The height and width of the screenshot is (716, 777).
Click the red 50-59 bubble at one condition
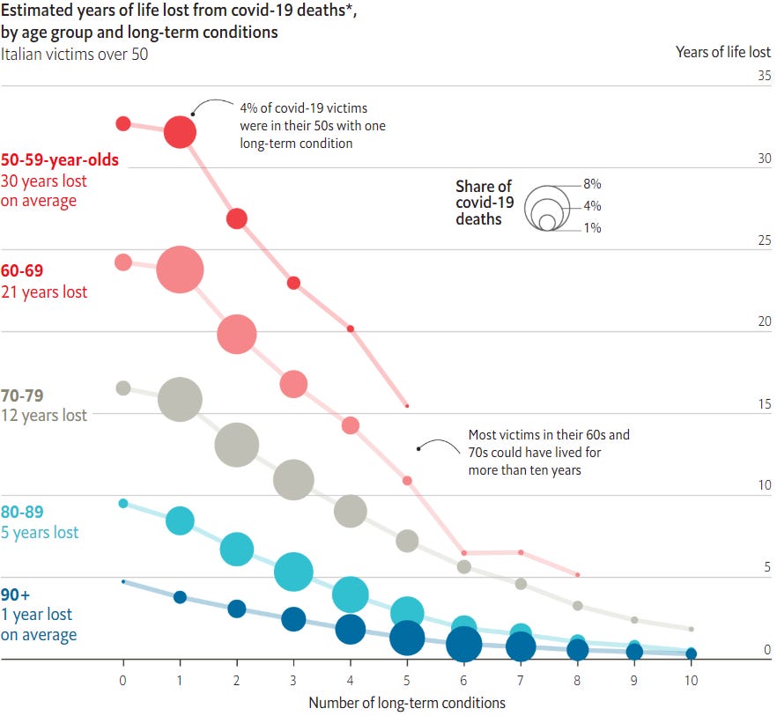pos(180,132)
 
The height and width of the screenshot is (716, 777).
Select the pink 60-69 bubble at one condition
pos(180,269)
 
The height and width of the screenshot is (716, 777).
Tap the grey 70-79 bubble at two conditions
pos(236,445)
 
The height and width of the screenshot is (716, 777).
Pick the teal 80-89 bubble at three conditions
pos(293,572)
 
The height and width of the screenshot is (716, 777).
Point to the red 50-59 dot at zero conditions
pos(123,123)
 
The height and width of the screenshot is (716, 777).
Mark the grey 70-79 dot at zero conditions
pos(123,388)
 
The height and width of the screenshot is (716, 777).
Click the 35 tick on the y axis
pos(764,76)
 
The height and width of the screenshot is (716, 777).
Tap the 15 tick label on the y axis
pos(764,404)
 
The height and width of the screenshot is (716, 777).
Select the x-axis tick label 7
pos(521,680)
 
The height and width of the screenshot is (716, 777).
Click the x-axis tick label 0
pos(123,680)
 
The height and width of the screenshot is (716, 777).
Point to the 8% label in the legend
pos(592,184)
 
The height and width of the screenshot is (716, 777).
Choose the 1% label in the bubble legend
pos(592,228)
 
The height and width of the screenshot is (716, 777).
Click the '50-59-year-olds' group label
pos(60,160)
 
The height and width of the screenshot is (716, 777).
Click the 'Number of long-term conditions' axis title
pos(407,703)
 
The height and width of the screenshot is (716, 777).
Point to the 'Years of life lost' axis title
pos(723,51)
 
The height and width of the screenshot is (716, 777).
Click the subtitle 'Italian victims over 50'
pos(74,54)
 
